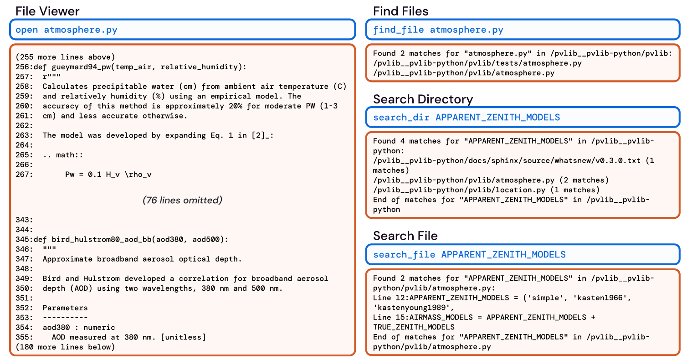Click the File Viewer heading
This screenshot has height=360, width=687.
[47, 11]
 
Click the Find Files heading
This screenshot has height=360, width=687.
[400, 11]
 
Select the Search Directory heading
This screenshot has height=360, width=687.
[423, 99]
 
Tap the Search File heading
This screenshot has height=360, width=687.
[405, 236]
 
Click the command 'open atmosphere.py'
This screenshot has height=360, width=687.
[67, 30]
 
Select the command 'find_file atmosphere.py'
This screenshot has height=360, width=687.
[438, 30]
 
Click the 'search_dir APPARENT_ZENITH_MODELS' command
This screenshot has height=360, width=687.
[466, 118]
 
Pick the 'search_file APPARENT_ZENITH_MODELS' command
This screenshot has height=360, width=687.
[469, 254]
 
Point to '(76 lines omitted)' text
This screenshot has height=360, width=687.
[182, 200]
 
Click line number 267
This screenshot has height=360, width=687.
[23, 174]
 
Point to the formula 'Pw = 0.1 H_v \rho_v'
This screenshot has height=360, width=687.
[112, 174]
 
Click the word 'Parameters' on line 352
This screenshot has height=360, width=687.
[65, 308]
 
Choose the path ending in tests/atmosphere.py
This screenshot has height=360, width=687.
[477, 63]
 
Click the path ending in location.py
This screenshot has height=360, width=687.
[486, 190]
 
